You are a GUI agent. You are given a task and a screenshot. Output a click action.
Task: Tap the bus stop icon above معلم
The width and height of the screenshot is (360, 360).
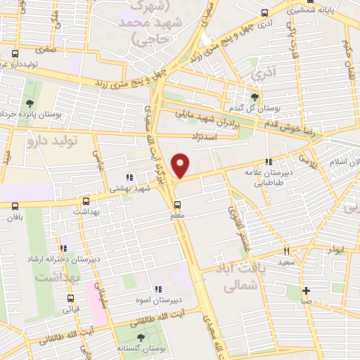(x=178, y=205)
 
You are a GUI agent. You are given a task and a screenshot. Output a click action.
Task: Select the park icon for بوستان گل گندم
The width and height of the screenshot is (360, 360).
(x=255, y=97)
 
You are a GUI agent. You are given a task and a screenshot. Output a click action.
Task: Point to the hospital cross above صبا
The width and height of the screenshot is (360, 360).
(x=306, y=290)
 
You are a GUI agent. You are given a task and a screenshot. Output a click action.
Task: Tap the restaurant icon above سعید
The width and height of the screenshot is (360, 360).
(x=286, y=250)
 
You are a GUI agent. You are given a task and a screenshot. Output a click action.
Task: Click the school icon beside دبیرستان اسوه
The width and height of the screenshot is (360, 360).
(x=158, y=288)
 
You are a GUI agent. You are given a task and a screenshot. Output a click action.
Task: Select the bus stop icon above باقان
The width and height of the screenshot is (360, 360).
(x=15, y=205)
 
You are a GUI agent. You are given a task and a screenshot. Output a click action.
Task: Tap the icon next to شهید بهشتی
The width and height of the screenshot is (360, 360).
(x=127, y=179)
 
